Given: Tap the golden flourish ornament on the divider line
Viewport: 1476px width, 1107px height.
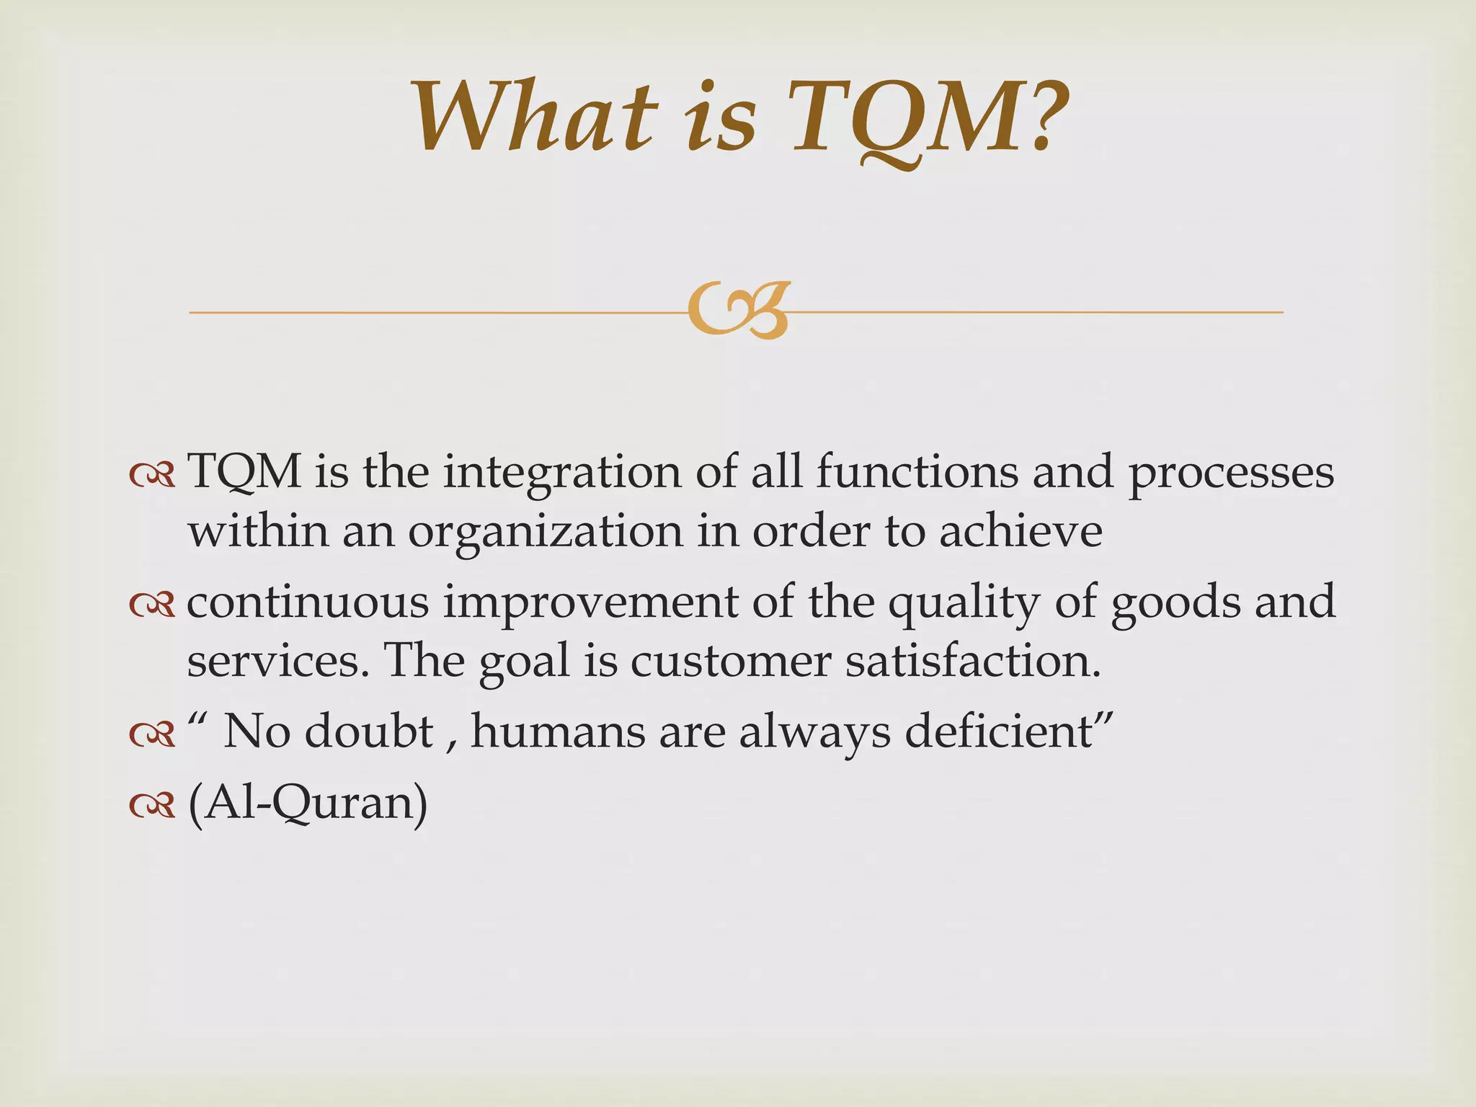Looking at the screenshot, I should coord(738,311).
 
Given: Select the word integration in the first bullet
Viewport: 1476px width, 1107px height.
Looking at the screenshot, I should coord(561,474).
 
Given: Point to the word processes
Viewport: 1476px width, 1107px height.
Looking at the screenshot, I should coord(1231,474).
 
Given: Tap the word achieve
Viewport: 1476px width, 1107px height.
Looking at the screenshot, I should coord(1021,532).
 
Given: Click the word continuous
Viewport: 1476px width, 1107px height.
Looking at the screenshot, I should coord(308,603).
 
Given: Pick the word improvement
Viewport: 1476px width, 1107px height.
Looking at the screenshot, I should coord(590,603).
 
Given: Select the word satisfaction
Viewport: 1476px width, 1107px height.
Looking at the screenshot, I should coord(973,660).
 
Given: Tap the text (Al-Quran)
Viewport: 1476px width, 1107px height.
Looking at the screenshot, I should coord(308,804).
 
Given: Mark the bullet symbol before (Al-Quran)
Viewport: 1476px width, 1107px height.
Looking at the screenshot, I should coord(152,806).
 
